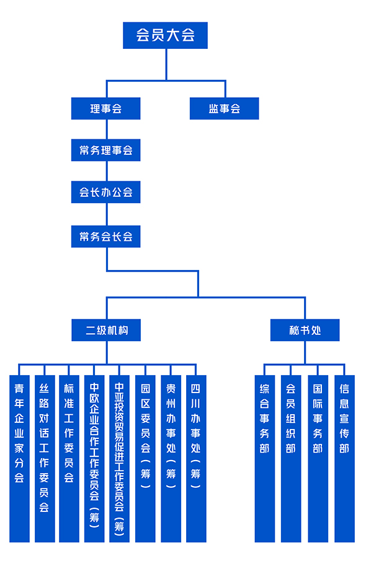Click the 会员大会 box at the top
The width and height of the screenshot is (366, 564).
click(x=165, y=35)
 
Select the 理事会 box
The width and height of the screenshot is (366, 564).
click(x=105, y=108)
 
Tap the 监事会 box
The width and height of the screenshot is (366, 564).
click(x=225, y=108)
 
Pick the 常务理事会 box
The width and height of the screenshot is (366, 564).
click(x=105, y=150)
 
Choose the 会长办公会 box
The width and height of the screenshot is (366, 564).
click(x=105, y=192)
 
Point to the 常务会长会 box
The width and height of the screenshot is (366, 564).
click(x=105, y=236)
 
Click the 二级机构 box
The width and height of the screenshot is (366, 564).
click(x=106, y=330)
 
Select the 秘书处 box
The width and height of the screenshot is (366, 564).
click(x=305, y=330)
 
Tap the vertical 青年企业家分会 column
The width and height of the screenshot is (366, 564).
click(x=19, y=459)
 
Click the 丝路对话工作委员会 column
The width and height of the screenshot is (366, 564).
click(x=45, y=459)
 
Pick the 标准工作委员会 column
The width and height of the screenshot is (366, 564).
click(x=69, y=459)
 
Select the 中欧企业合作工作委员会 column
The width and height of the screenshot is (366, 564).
click(x=94, y=459)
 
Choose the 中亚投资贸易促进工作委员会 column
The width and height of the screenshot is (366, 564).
click(x=119, y=459)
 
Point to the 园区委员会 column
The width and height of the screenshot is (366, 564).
click(x=145, y=459)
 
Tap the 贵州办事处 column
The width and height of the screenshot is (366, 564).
click(x=171, y=459)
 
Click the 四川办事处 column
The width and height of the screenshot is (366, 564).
click(x=196, y=459)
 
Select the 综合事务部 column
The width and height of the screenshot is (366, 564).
click(x=265, y=459)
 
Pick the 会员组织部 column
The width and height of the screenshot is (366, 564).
click(x=291, y=459)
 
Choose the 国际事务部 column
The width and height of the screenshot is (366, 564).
click(x=318, y=459)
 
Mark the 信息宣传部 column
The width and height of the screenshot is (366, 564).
click(x=345, y=459)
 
